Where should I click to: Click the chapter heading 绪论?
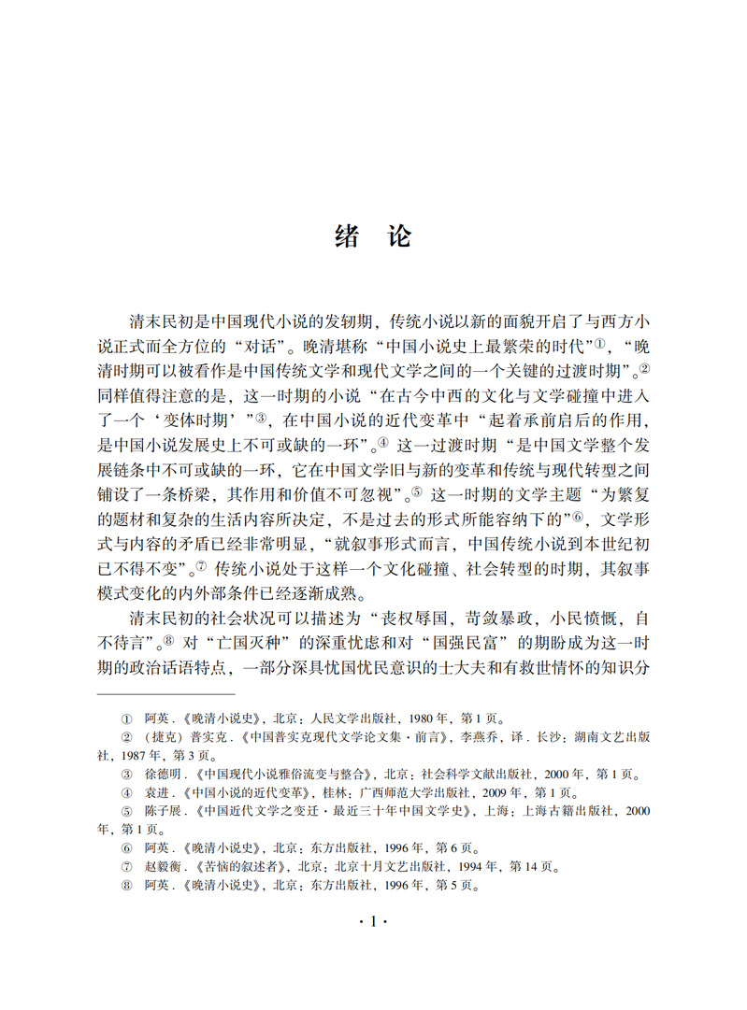[x=372, y=236]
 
